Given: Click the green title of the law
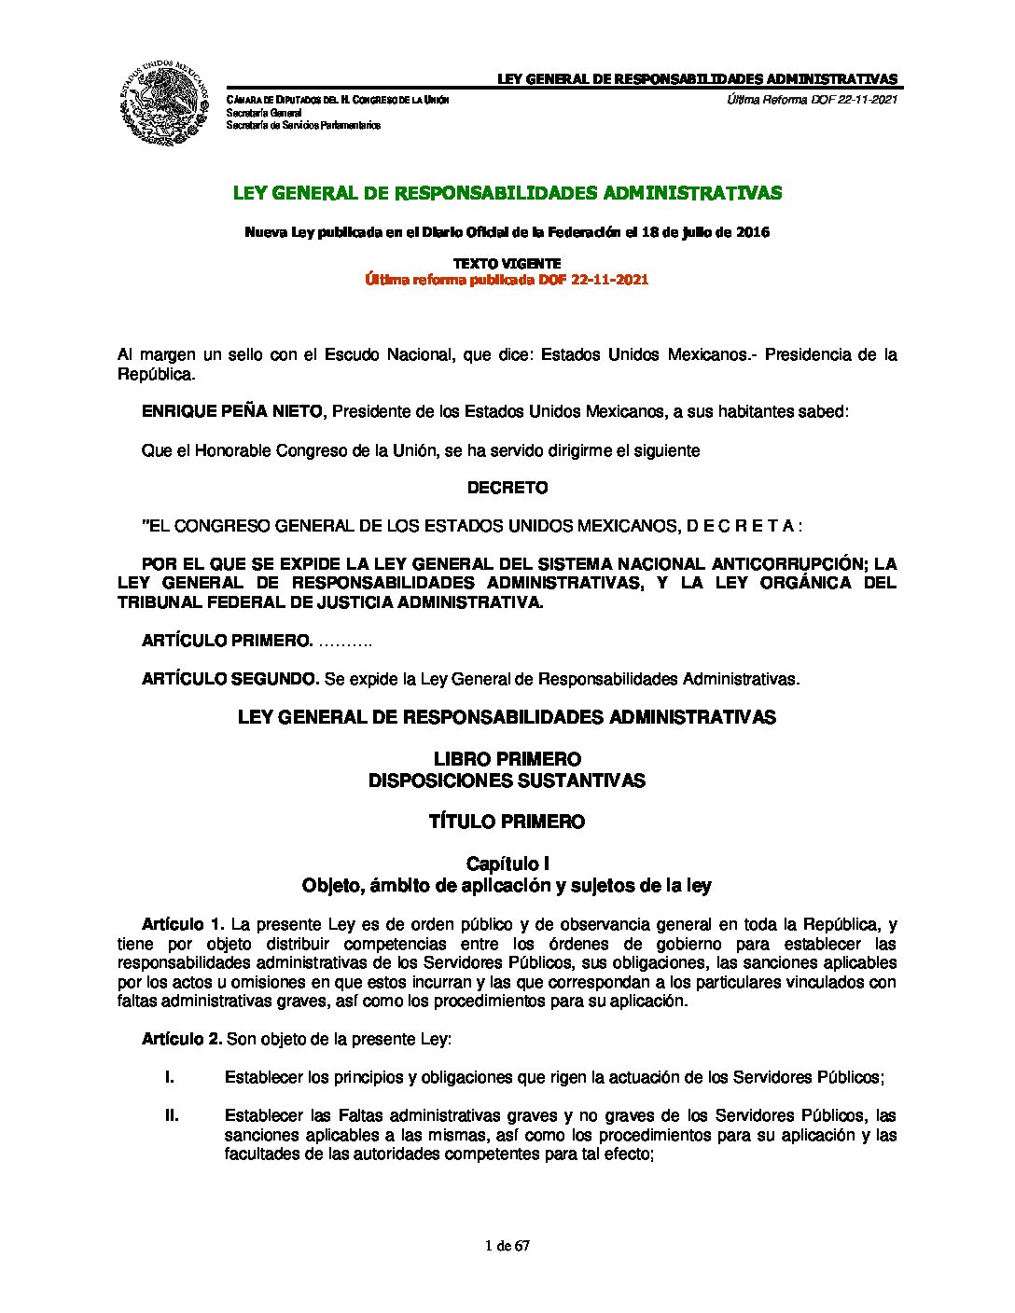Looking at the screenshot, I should tap(507, 193).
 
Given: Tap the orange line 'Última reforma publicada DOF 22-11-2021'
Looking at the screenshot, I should tap(507, 279).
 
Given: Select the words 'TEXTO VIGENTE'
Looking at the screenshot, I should tap(507, 264).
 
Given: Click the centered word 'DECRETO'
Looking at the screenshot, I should tap(507, 488).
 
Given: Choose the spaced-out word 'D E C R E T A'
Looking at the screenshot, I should tap(741, 526).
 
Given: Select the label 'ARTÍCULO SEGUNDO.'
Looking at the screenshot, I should tap(230, 679).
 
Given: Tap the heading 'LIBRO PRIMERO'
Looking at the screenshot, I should tap(507, 759).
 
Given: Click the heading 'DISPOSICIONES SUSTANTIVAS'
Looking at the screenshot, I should tap(507, 781).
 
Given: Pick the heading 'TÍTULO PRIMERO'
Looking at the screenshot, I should tap(507, 822).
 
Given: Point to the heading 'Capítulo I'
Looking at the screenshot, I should tap(507, 864).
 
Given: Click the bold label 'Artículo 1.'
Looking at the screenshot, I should tap(183, 924).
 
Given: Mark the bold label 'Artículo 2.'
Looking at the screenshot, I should tap(182, 1039).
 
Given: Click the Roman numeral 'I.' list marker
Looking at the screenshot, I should tap(170, 1077).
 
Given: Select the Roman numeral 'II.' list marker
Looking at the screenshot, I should tap(172, 1115).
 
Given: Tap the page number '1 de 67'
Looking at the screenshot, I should tap(507, 1246).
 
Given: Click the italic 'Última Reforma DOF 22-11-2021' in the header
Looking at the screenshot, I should tap(812, 100).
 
